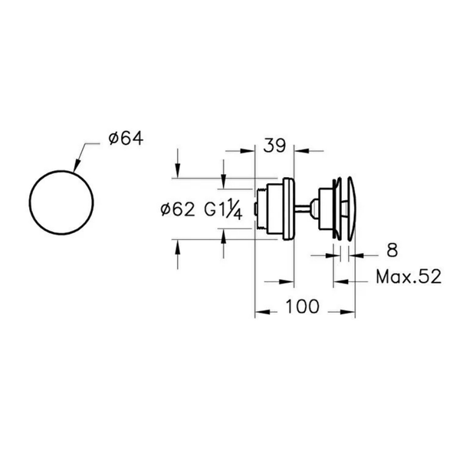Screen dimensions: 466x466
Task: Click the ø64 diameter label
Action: (x=126, y=139)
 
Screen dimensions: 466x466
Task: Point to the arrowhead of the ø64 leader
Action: (x=77, y=166)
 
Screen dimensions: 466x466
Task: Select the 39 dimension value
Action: (x=274, y=146)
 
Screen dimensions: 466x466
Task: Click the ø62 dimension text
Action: (x=178, y=209)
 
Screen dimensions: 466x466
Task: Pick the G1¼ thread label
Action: (x=223, y=210)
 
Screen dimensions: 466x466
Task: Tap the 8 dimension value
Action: (x=392, y=251)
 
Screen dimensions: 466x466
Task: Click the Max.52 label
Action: (x=409, y=277)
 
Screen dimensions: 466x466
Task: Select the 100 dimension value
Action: (x=302, y=307)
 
